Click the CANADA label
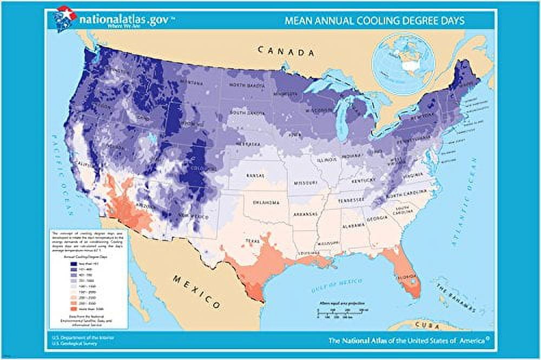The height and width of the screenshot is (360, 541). point(286,52)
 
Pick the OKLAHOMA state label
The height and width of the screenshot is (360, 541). point(265,203)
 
